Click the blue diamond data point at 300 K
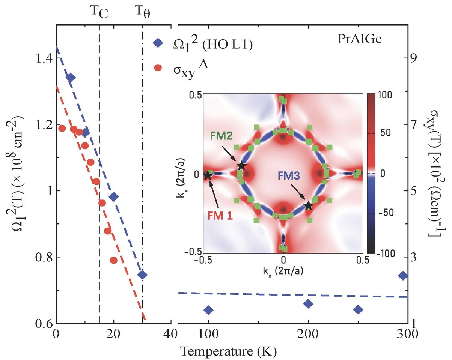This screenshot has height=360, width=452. (403, 276)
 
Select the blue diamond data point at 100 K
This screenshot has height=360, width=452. (208, 310)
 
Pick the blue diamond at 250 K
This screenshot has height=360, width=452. (358, 309)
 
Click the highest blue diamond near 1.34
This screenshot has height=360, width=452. (70, 78)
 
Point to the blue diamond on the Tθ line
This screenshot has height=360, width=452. (142, 274)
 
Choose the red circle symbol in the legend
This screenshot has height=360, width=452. (158, 67)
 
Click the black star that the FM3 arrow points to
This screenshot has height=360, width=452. (308, 205)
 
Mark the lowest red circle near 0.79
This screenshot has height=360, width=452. (114, 260)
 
